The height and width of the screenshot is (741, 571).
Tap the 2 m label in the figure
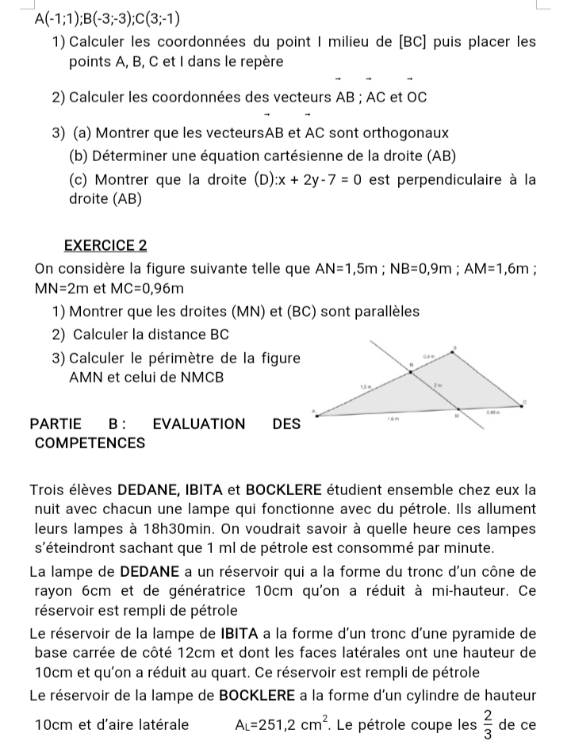[x=437, y=383]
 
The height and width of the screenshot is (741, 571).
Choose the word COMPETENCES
[x=90, y=443]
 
